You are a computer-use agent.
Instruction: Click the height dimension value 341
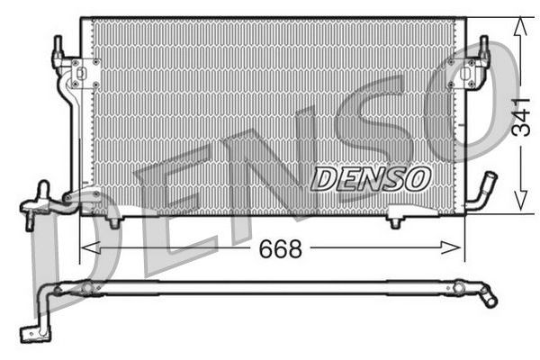[x=519, y=116]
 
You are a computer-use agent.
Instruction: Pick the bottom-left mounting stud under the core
[x=113, y=220]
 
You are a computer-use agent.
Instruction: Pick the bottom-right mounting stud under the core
[x=395, y=220]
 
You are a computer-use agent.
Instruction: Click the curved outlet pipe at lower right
[x=483, y=192]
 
